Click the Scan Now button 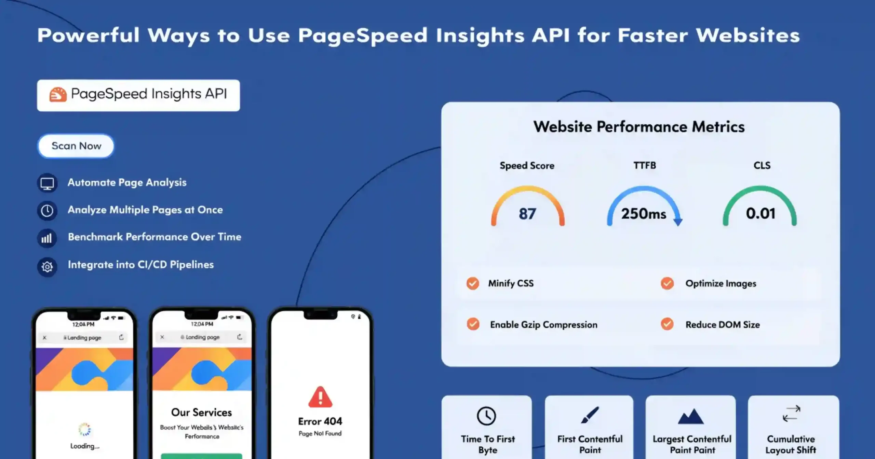point(76,146)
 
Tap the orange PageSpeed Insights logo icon point(58,94)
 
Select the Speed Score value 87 point(527,214)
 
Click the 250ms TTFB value point(644,214)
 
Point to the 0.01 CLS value point(760,213)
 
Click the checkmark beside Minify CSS point(473,283)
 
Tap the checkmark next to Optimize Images point(667,283)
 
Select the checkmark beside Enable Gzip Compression point(473,324)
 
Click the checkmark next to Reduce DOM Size point(667,324)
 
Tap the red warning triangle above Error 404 point(320,397)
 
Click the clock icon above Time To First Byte point(486,416)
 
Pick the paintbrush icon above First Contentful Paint point(590,415)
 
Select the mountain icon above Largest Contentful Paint point(691,416)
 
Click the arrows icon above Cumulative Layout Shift point(791,414)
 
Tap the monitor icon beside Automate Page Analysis point(47,183)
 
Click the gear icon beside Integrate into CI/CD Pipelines point(47,266)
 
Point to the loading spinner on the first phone point(84,430)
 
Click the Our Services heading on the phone point(202,412)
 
